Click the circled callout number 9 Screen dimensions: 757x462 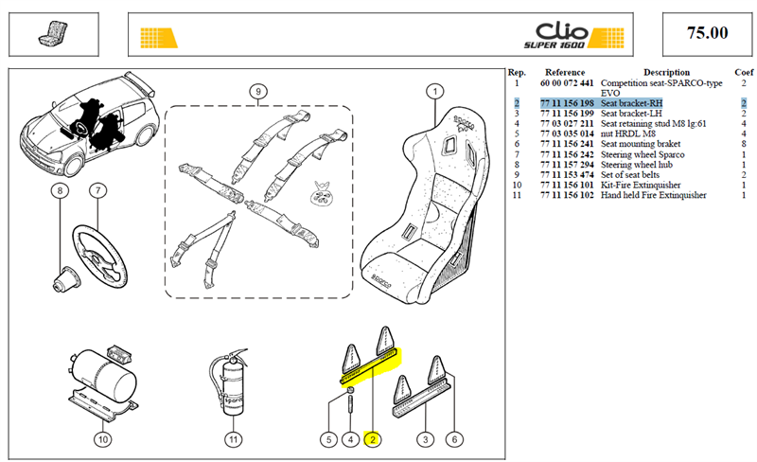[258, 91]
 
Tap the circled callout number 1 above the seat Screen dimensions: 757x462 [435, 91]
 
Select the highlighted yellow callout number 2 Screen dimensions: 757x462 [373, 439]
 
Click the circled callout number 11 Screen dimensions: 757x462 [234, 439]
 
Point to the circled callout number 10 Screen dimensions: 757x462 [103, 439]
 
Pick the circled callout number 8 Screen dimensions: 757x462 [60, 190]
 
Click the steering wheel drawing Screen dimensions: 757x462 [100, 253]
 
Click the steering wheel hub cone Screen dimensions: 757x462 [66, 280]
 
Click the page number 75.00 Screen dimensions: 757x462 [707, 33]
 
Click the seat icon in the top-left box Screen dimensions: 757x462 [53, 33]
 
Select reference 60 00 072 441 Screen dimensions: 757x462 [567, 83]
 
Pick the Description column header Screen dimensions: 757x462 [666, 73]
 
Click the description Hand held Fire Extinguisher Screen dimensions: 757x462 [653, 195]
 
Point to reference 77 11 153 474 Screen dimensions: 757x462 [567, 175]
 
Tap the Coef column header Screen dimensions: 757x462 [744, 73]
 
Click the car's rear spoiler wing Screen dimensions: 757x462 [140, 83]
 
